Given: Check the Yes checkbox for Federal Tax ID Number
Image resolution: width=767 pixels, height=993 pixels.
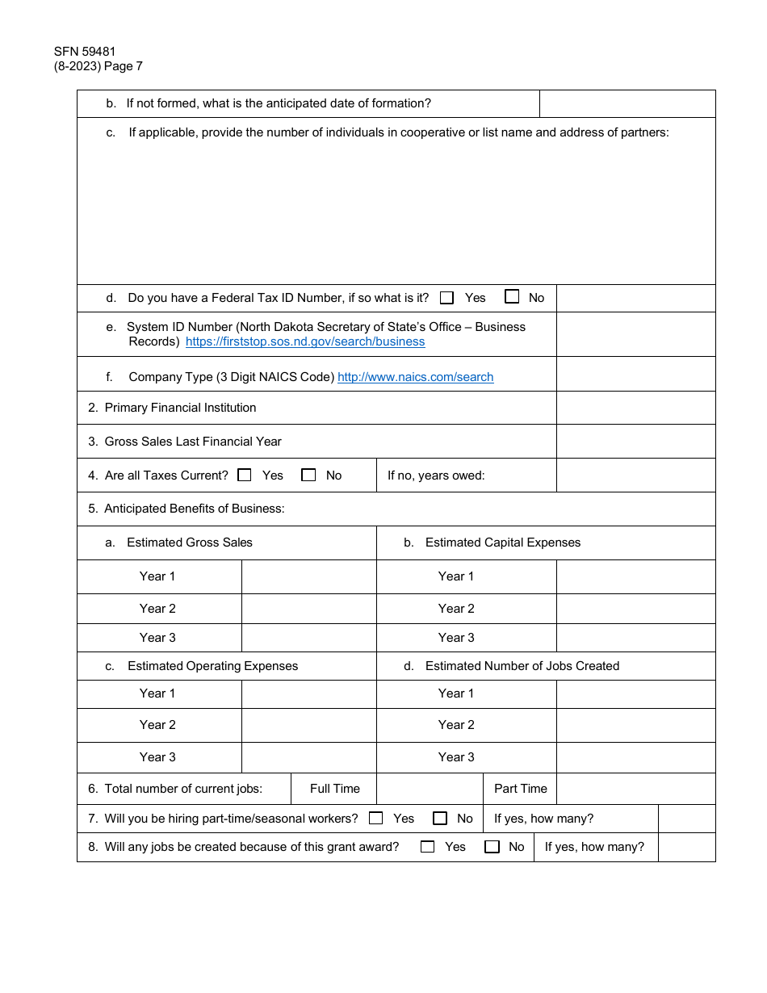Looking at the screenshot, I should click(447, 298).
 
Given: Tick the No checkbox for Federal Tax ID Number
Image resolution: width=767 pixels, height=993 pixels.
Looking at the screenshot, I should click(512, 297).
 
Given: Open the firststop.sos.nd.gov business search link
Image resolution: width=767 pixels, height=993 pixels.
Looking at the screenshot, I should click(305, 341).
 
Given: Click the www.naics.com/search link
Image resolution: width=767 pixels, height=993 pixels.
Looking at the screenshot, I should click(415, 377).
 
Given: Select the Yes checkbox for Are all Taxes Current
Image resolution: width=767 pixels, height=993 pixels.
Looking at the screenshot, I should click(245, 476).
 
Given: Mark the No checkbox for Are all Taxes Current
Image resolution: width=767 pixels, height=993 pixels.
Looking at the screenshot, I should click(308, 476).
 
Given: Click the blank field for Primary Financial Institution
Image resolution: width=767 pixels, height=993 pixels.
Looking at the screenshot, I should click(635, 408).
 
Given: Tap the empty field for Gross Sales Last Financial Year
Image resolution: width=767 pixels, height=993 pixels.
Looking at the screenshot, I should click(635, 442).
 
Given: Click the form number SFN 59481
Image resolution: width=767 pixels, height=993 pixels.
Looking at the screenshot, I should click(85, 52).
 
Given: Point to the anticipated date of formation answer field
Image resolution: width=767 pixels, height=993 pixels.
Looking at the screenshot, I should click(627, 103).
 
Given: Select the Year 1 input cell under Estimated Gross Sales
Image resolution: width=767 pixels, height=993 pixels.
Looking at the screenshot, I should click(308, 576).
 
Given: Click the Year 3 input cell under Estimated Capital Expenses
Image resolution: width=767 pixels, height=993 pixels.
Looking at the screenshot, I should click(635, 638).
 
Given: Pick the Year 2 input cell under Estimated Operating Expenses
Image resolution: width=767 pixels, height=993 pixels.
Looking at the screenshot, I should click(308, 725).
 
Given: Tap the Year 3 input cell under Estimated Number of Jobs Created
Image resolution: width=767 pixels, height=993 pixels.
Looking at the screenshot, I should click(635, 757).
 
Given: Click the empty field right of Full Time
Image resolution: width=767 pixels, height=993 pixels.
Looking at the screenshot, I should click(430, 789).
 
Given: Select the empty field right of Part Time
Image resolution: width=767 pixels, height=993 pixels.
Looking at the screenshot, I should click(635, 789).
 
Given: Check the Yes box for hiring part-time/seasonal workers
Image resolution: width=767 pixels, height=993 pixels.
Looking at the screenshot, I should click(376, 819).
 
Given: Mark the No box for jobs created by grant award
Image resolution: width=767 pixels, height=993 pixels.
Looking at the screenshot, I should click(492, 847).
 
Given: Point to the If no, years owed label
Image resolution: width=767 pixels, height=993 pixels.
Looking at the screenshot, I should click(436, 476).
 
